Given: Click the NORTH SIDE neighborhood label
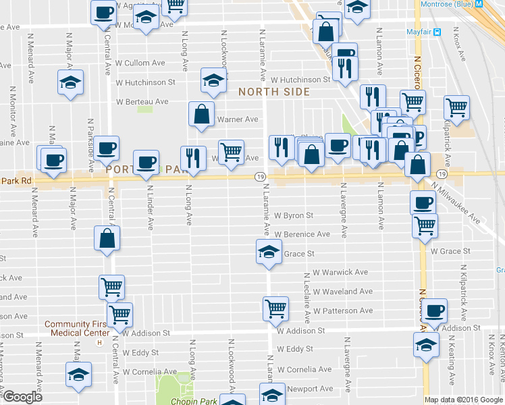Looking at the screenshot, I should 273,92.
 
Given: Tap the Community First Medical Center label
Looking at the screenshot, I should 77,328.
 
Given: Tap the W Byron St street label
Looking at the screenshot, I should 294,216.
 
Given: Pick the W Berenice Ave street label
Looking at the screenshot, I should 302,234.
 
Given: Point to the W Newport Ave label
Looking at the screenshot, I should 311,389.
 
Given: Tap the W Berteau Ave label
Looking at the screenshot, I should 142,102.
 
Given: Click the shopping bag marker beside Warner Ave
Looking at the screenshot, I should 202,114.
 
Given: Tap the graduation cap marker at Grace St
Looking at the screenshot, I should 269,252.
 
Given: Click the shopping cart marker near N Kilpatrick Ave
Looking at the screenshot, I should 457,107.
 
